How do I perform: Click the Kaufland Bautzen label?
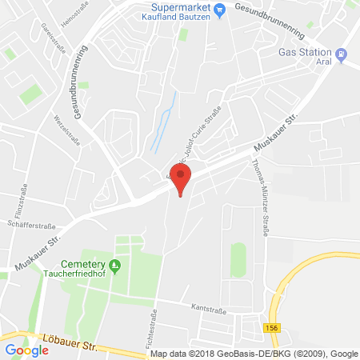tap(185, 16)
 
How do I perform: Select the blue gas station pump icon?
tap(342, 54)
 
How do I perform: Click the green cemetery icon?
tap(115, 265)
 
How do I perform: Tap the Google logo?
tap(26, 350)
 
